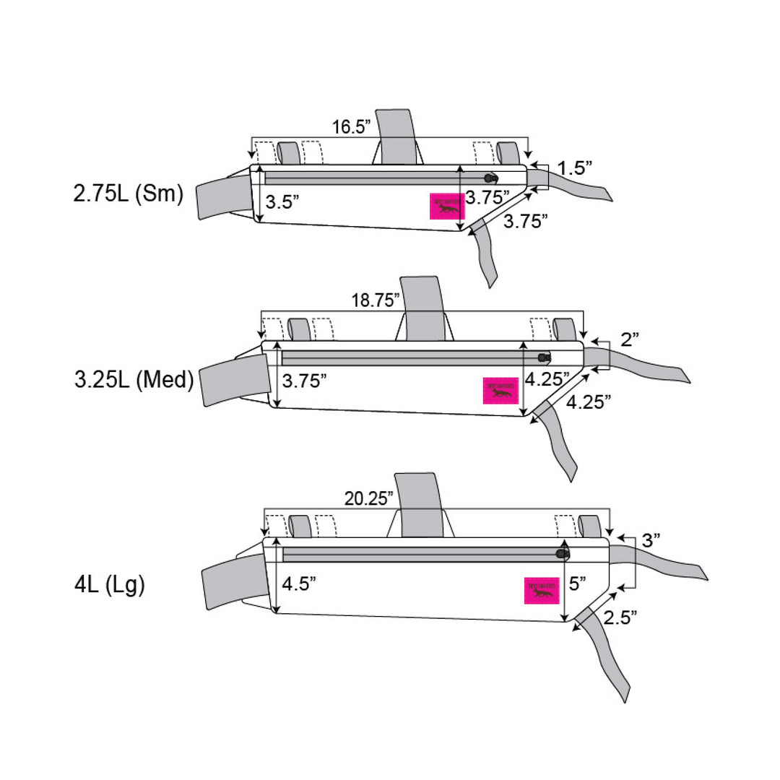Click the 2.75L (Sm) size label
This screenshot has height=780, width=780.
[x=129, y=195]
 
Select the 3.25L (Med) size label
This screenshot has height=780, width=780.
[x=134, y=381]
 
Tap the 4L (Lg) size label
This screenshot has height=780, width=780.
[x=110, y=584]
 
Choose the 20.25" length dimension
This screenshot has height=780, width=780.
[x=369, y=498]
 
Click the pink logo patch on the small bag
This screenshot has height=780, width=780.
[x=445, y=207]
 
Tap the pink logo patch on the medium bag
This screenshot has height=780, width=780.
[x=500, y=391]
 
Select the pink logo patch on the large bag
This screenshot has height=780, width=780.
[x=542, y=590]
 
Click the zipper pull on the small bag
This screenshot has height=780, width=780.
[x=491, y=178]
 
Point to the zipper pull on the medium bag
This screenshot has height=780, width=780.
[x=545, y=357]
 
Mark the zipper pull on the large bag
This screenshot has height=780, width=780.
[x=562, y=554]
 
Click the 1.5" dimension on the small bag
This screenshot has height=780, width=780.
[x=576, y=168]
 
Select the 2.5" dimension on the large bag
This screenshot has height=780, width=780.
[x=620, y=617]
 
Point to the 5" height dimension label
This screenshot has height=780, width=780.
[x=577, y=584]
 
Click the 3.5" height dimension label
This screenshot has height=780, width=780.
[x=282, y=202]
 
